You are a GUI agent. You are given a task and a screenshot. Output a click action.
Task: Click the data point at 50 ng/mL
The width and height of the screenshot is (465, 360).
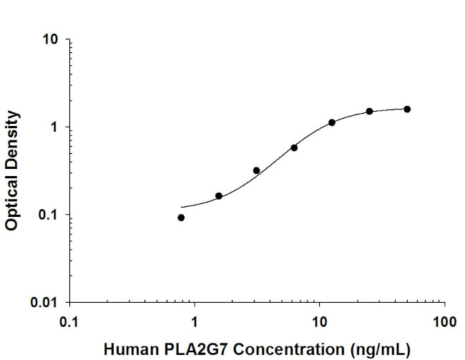[407, 109]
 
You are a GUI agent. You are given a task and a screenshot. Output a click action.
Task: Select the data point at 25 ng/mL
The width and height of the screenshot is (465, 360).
[369, 111]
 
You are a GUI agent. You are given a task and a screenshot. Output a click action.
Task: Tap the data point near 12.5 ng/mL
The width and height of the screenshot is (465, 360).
[332, 122]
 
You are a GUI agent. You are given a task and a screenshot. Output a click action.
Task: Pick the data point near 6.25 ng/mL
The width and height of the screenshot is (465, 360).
[294, 147]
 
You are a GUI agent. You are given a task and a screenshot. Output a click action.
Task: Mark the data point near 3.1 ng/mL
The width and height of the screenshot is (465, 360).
[256, 170]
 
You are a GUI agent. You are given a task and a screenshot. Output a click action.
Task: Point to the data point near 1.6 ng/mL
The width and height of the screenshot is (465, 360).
[219, 195]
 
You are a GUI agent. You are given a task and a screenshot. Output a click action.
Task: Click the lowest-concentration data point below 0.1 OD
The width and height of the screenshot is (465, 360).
[181, 218]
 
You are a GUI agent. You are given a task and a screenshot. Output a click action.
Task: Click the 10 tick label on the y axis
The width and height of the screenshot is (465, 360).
[50, 39]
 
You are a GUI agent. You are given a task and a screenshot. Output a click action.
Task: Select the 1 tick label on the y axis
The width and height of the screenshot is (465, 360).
[54, 127]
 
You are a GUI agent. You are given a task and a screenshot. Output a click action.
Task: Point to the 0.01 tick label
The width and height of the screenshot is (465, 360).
[45, 303]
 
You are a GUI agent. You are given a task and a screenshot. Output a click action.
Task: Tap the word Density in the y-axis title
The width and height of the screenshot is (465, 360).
[11, 138]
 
